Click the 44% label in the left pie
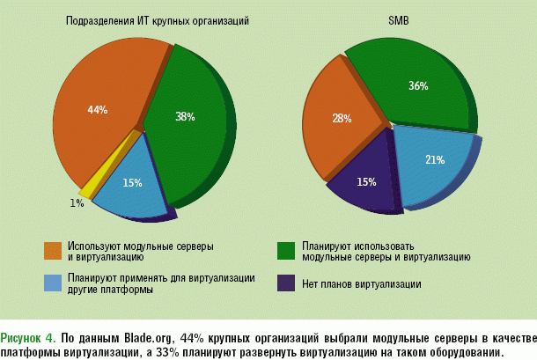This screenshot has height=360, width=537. click(x=97, y=110)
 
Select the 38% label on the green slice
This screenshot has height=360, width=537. click(x=184, y=115)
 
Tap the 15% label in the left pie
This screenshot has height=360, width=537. click(x=132, y=183)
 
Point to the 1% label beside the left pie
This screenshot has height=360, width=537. click(x=77, y=203)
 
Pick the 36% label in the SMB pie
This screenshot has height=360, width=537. click(x=418, y=86)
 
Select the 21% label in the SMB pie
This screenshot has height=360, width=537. click(x=435, y=160)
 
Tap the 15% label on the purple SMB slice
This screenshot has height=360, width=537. click(x=366, y=182)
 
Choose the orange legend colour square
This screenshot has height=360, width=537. click(x=53, y=250)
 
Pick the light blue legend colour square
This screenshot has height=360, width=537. click(x=53, y=283)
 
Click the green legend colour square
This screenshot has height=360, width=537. click(x=285, y=250)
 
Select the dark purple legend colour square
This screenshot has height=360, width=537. click(x=285, y=283)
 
